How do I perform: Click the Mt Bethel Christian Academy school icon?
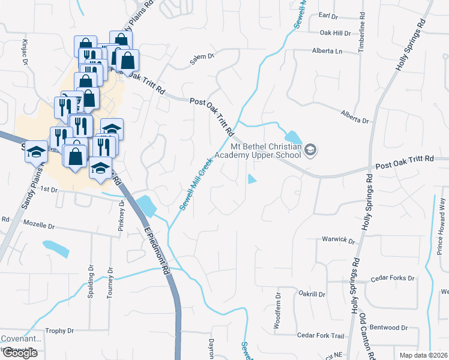(310, 149)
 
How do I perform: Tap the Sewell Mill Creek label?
(197, 184)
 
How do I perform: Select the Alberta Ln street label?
(327, 51)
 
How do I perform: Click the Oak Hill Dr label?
(335, 33)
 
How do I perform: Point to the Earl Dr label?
(330, 14)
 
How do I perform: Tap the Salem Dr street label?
(202, 56)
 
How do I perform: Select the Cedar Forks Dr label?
(393, 278)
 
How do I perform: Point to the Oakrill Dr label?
(311, 295)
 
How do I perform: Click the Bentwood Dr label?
(389, 328)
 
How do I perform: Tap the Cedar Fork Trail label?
(322, 335)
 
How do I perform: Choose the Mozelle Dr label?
(39, 226)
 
